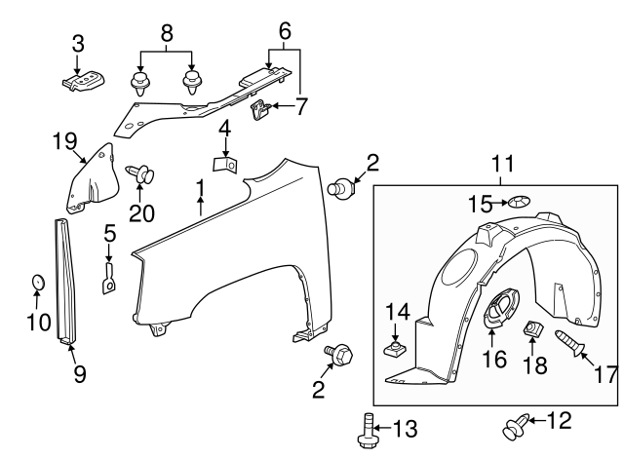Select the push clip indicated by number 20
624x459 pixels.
tap(141, 175)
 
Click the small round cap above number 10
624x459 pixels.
tap(37, 282)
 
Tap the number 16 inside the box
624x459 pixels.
tap(494, 360)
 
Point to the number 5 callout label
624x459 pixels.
tap(109, 234)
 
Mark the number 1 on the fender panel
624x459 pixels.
tap(200, 186)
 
